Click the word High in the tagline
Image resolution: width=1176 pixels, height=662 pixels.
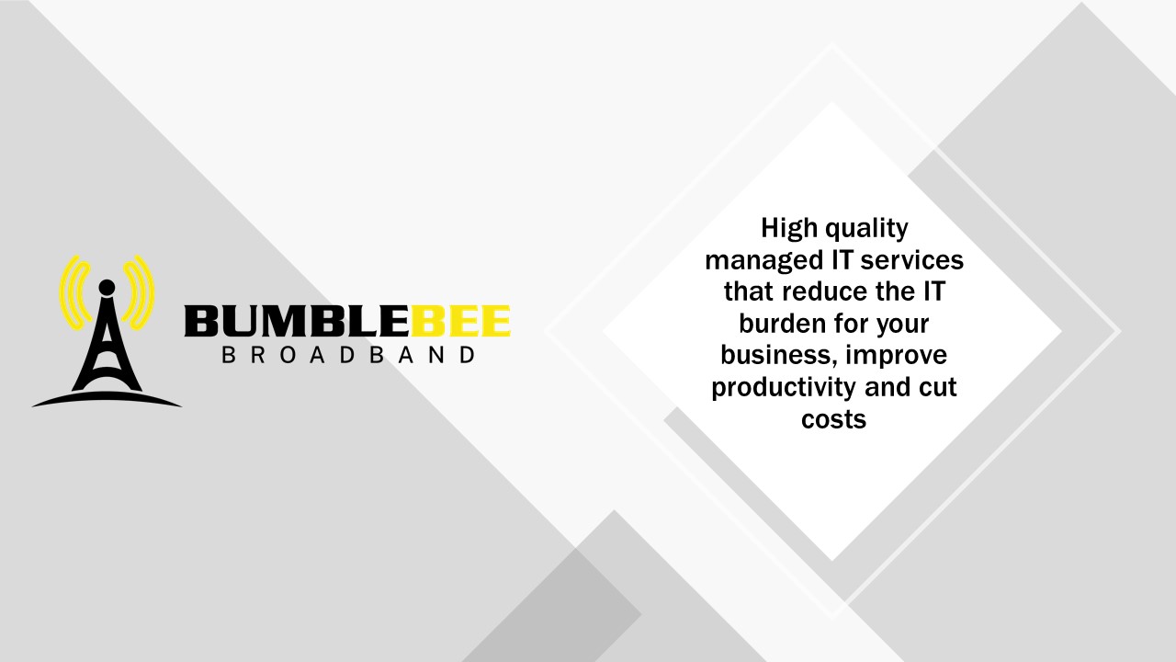(x=790, y=230)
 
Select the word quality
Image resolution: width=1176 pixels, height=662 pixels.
(x=866, y=230)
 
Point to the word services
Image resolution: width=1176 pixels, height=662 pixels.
(x=913, y=260)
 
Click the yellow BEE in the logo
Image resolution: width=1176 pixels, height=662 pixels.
(x=460, y=321)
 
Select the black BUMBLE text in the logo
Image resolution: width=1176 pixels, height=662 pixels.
(x=297, y=321)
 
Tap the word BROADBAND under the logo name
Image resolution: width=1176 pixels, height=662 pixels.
(x=348, y=355)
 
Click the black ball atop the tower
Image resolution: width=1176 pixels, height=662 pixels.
(x=107, y=288)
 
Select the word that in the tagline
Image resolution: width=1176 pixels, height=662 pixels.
(x=750, y=291)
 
